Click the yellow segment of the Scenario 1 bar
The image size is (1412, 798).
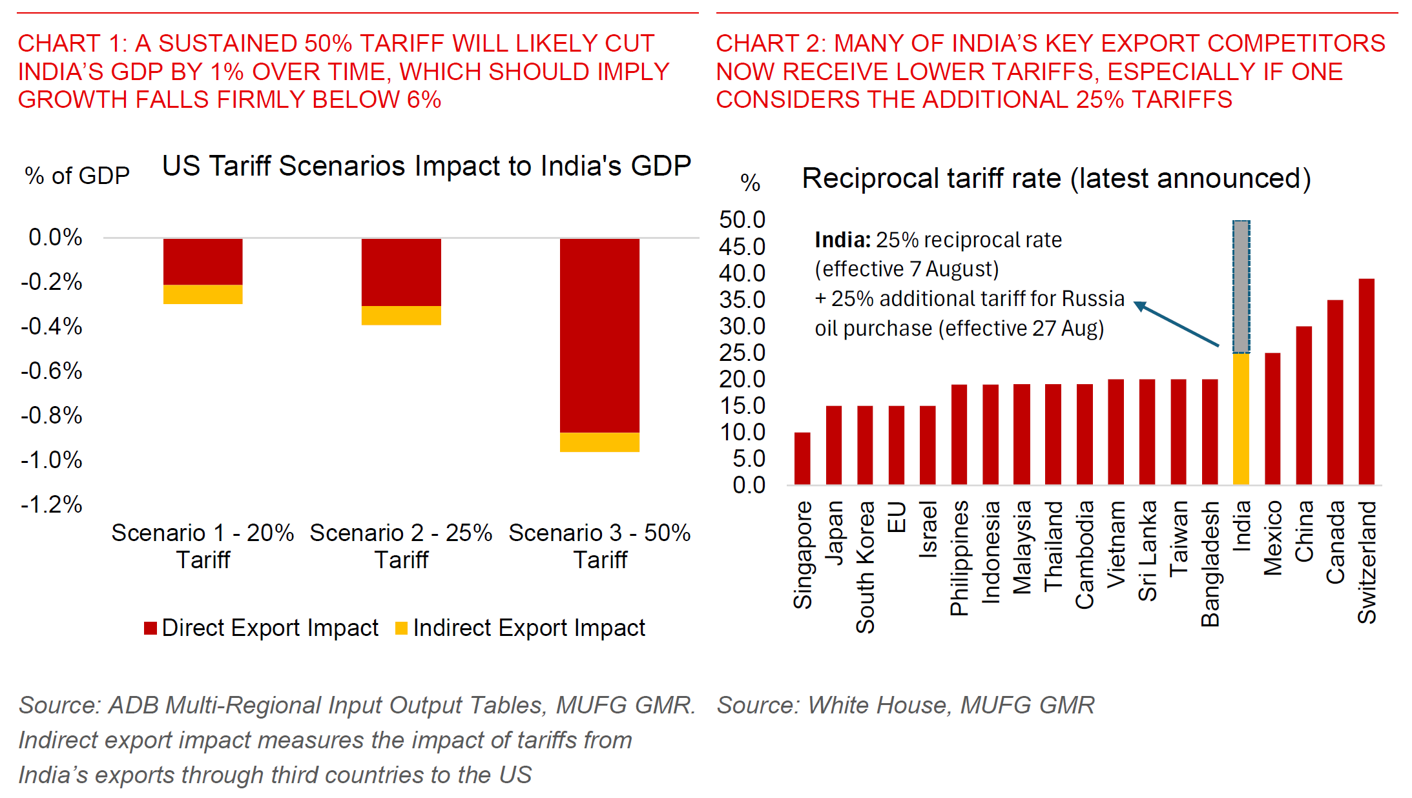(203, 294)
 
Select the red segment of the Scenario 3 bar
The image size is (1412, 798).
(599, 336)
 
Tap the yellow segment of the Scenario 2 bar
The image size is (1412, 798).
(401, 315)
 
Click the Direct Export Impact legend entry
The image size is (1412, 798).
(262, 628)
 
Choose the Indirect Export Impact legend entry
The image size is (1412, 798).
(521, 628)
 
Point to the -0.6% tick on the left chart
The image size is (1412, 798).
(52, 371)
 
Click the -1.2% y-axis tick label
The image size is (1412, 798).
(52, 504)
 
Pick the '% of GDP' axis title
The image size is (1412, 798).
(78, 176)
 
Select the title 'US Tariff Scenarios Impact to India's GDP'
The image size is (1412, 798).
(426, 166)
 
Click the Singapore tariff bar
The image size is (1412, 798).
(802, 458)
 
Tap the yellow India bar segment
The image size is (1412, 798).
(1241, 418)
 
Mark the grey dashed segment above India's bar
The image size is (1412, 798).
(1241, 287)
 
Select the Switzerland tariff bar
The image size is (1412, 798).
(1366, 381)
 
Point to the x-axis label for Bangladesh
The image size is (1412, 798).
(1210, 564)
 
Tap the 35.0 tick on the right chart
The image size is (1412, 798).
(742, 300)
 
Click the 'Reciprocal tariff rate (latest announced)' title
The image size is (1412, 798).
(1056, 178)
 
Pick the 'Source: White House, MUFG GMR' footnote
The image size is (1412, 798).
(906, 705)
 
